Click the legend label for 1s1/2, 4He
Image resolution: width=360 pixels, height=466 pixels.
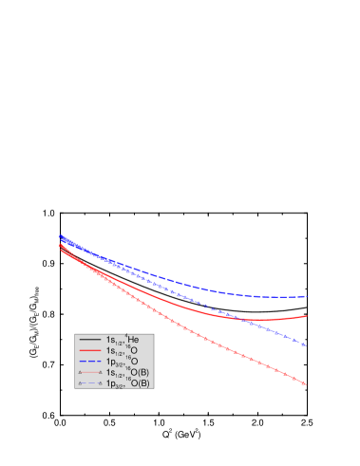[122, 340]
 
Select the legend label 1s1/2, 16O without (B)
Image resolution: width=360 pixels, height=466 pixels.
[122, 351]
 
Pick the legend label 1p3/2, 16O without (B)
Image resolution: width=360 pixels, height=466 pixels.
[122, 362]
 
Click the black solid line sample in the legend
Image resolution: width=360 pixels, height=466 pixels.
[90, 340]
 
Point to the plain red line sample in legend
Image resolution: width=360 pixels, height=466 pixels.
[90, 351]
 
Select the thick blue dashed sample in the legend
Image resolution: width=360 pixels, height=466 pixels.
[90, 362]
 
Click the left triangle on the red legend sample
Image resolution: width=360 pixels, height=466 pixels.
[81, 373]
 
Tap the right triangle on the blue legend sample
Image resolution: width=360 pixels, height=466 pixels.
[100, 383]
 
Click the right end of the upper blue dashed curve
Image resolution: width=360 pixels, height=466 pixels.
[306, 297]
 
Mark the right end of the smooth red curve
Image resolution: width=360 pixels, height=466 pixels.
[306, 316]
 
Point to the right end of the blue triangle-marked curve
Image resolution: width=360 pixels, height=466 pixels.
[305, 345]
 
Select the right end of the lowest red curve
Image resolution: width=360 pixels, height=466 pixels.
[305, 383]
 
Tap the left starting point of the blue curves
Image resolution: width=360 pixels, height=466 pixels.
[60, 236]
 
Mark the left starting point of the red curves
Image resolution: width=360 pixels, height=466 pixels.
[60, 246]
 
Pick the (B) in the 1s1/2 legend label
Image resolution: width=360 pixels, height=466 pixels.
[142, 373]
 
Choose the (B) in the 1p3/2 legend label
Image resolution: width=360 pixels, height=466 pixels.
[142, 383]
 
